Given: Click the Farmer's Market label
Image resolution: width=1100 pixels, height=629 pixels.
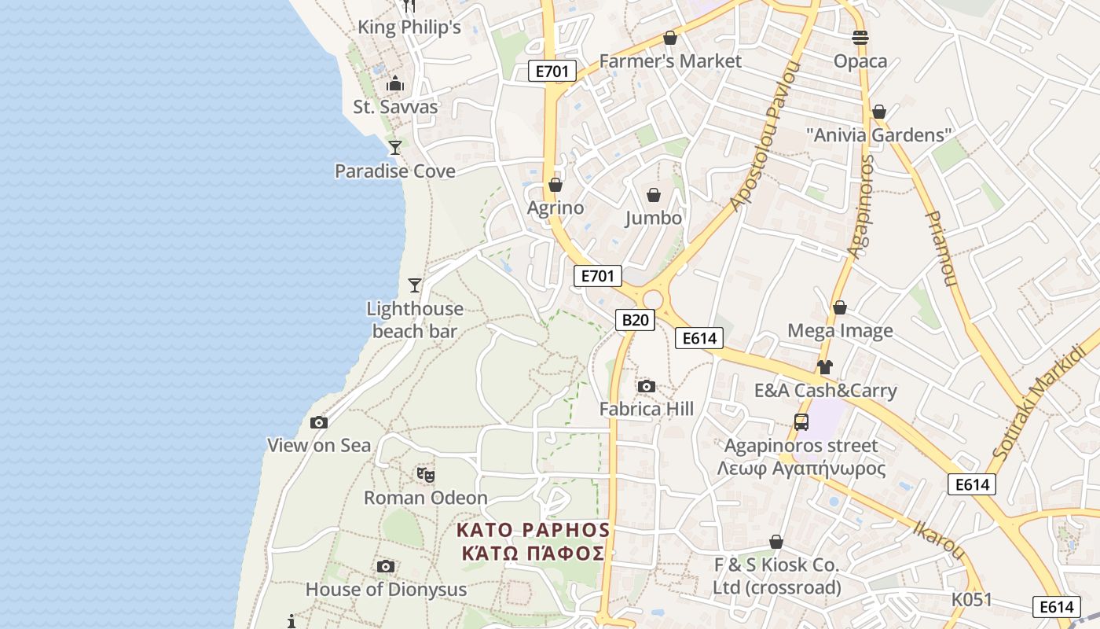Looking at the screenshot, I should pos(669,61).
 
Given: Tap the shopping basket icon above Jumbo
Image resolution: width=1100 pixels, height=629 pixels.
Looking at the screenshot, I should pos(654,195).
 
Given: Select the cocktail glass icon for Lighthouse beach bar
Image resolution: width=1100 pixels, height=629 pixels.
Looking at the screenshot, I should pos(415,285).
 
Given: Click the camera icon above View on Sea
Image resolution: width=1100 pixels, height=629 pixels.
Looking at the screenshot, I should pos(318,423).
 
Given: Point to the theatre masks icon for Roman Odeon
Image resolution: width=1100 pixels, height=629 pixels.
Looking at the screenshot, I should pos(426,474).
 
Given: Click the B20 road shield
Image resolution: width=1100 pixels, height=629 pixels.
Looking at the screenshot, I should pos(635,319).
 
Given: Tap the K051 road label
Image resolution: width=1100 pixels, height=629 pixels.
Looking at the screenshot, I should pos(971,600).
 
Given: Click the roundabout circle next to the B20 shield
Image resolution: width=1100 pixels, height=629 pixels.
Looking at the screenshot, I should pos(653,300).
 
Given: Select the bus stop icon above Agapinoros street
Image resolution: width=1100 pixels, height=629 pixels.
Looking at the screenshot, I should pos(801,422).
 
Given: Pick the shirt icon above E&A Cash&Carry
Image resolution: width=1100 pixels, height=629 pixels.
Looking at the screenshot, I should pos(824,366).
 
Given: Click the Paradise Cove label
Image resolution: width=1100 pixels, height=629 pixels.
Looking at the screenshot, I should pos(394,171).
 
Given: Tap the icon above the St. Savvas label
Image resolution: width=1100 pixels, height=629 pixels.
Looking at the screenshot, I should pos(395,83).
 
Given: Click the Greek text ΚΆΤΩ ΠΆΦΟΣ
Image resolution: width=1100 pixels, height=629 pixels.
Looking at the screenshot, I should pos(533,553).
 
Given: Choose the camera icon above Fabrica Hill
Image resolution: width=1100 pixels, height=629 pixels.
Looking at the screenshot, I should pos(647,386).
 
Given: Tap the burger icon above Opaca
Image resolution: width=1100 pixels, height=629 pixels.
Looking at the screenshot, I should pos(860,38).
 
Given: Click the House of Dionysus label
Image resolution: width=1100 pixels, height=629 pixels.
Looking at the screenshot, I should pos(386,589).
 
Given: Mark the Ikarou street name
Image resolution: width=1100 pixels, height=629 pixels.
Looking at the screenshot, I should pos(938,539).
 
